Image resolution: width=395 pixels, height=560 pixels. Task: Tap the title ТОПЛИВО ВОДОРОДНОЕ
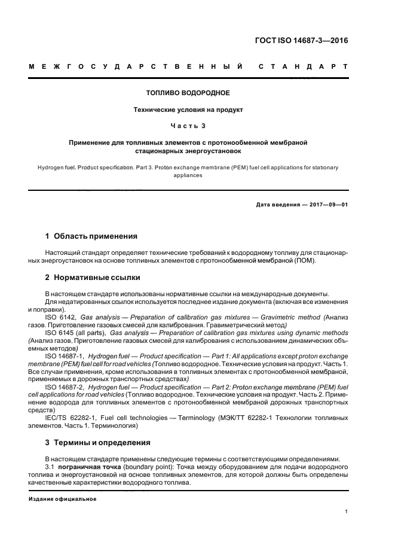[188, 93]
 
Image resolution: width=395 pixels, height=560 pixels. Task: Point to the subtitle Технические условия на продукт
[188, 110]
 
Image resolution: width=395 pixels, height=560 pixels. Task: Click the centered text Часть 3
[188, 127]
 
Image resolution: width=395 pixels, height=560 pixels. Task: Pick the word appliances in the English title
[188, 176]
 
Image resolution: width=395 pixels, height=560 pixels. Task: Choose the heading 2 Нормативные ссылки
[94, 278]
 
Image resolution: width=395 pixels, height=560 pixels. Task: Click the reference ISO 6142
[60, 316]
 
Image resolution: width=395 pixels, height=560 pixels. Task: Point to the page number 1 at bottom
[347, 512]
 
